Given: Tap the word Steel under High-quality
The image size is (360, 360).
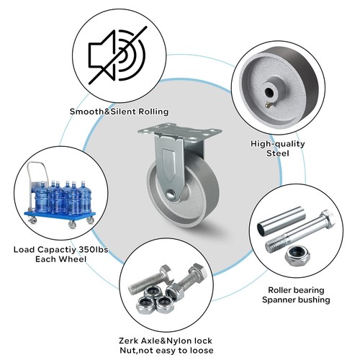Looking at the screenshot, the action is coord(278,153).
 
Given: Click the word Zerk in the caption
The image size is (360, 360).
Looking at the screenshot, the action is coord(129,341).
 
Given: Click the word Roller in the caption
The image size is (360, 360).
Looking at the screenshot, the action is coord(279,290).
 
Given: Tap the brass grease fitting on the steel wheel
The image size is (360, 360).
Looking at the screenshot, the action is coord(268,104).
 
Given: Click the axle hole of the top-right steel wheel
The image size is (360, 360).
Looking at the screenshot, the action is coord(269,91).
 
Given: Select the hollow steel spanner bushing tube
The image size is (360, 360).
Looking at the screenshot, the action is coord(281,222).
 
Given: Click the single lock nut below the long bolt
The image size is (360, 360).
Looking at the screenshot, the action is coord(297,256).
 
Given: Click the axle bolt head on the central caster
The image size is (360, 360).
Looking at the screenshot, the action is coord(171,194).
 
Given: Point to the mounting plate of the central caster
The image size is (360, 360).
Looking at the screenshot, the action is coord(180,132).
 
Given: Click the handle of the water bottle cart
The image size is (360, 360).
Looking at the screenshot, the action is coord(37,173).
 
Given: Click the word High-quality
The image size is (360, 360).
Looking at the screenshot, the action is coord(278,144).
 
